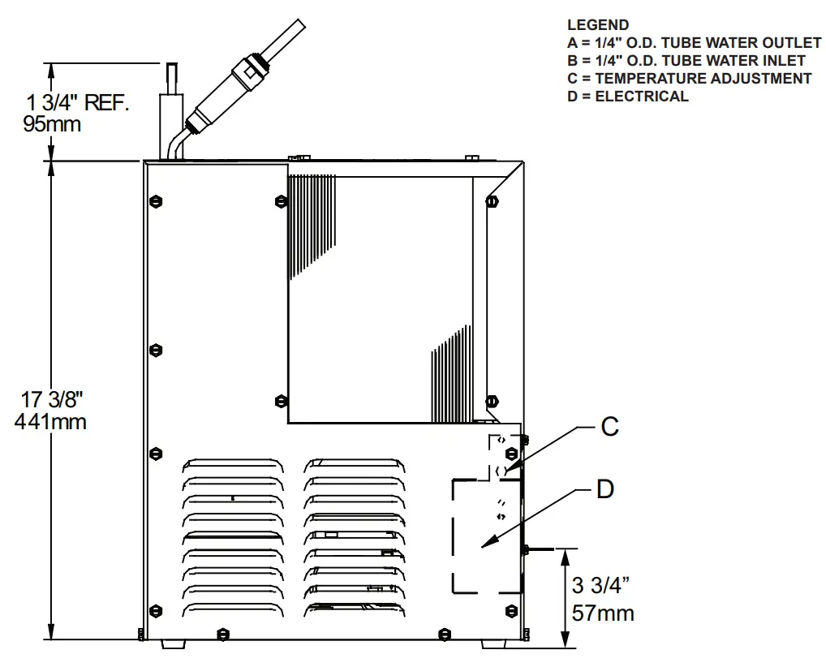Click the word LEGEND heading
(x=597, y=25)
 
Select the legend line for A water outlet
(x=694, y=43)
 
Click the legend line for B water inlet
(x=686, y=61)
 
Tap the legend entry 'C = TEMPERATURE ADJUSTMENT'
(x=689, y=79)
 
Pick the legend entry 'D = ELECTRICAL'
(x=627, y=97)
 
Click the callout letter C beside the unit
(x=610, y=427)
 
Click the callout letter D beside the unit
(x=605, y=490)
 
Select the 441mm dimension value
(x=50, y=422)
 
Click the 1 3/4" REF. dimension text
(x=78, y=103)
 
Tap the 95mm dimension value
(x=54, y=124)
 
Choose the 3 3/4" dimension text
(x=601, y=587)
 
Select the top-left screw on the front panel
(x=156, y=200)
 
